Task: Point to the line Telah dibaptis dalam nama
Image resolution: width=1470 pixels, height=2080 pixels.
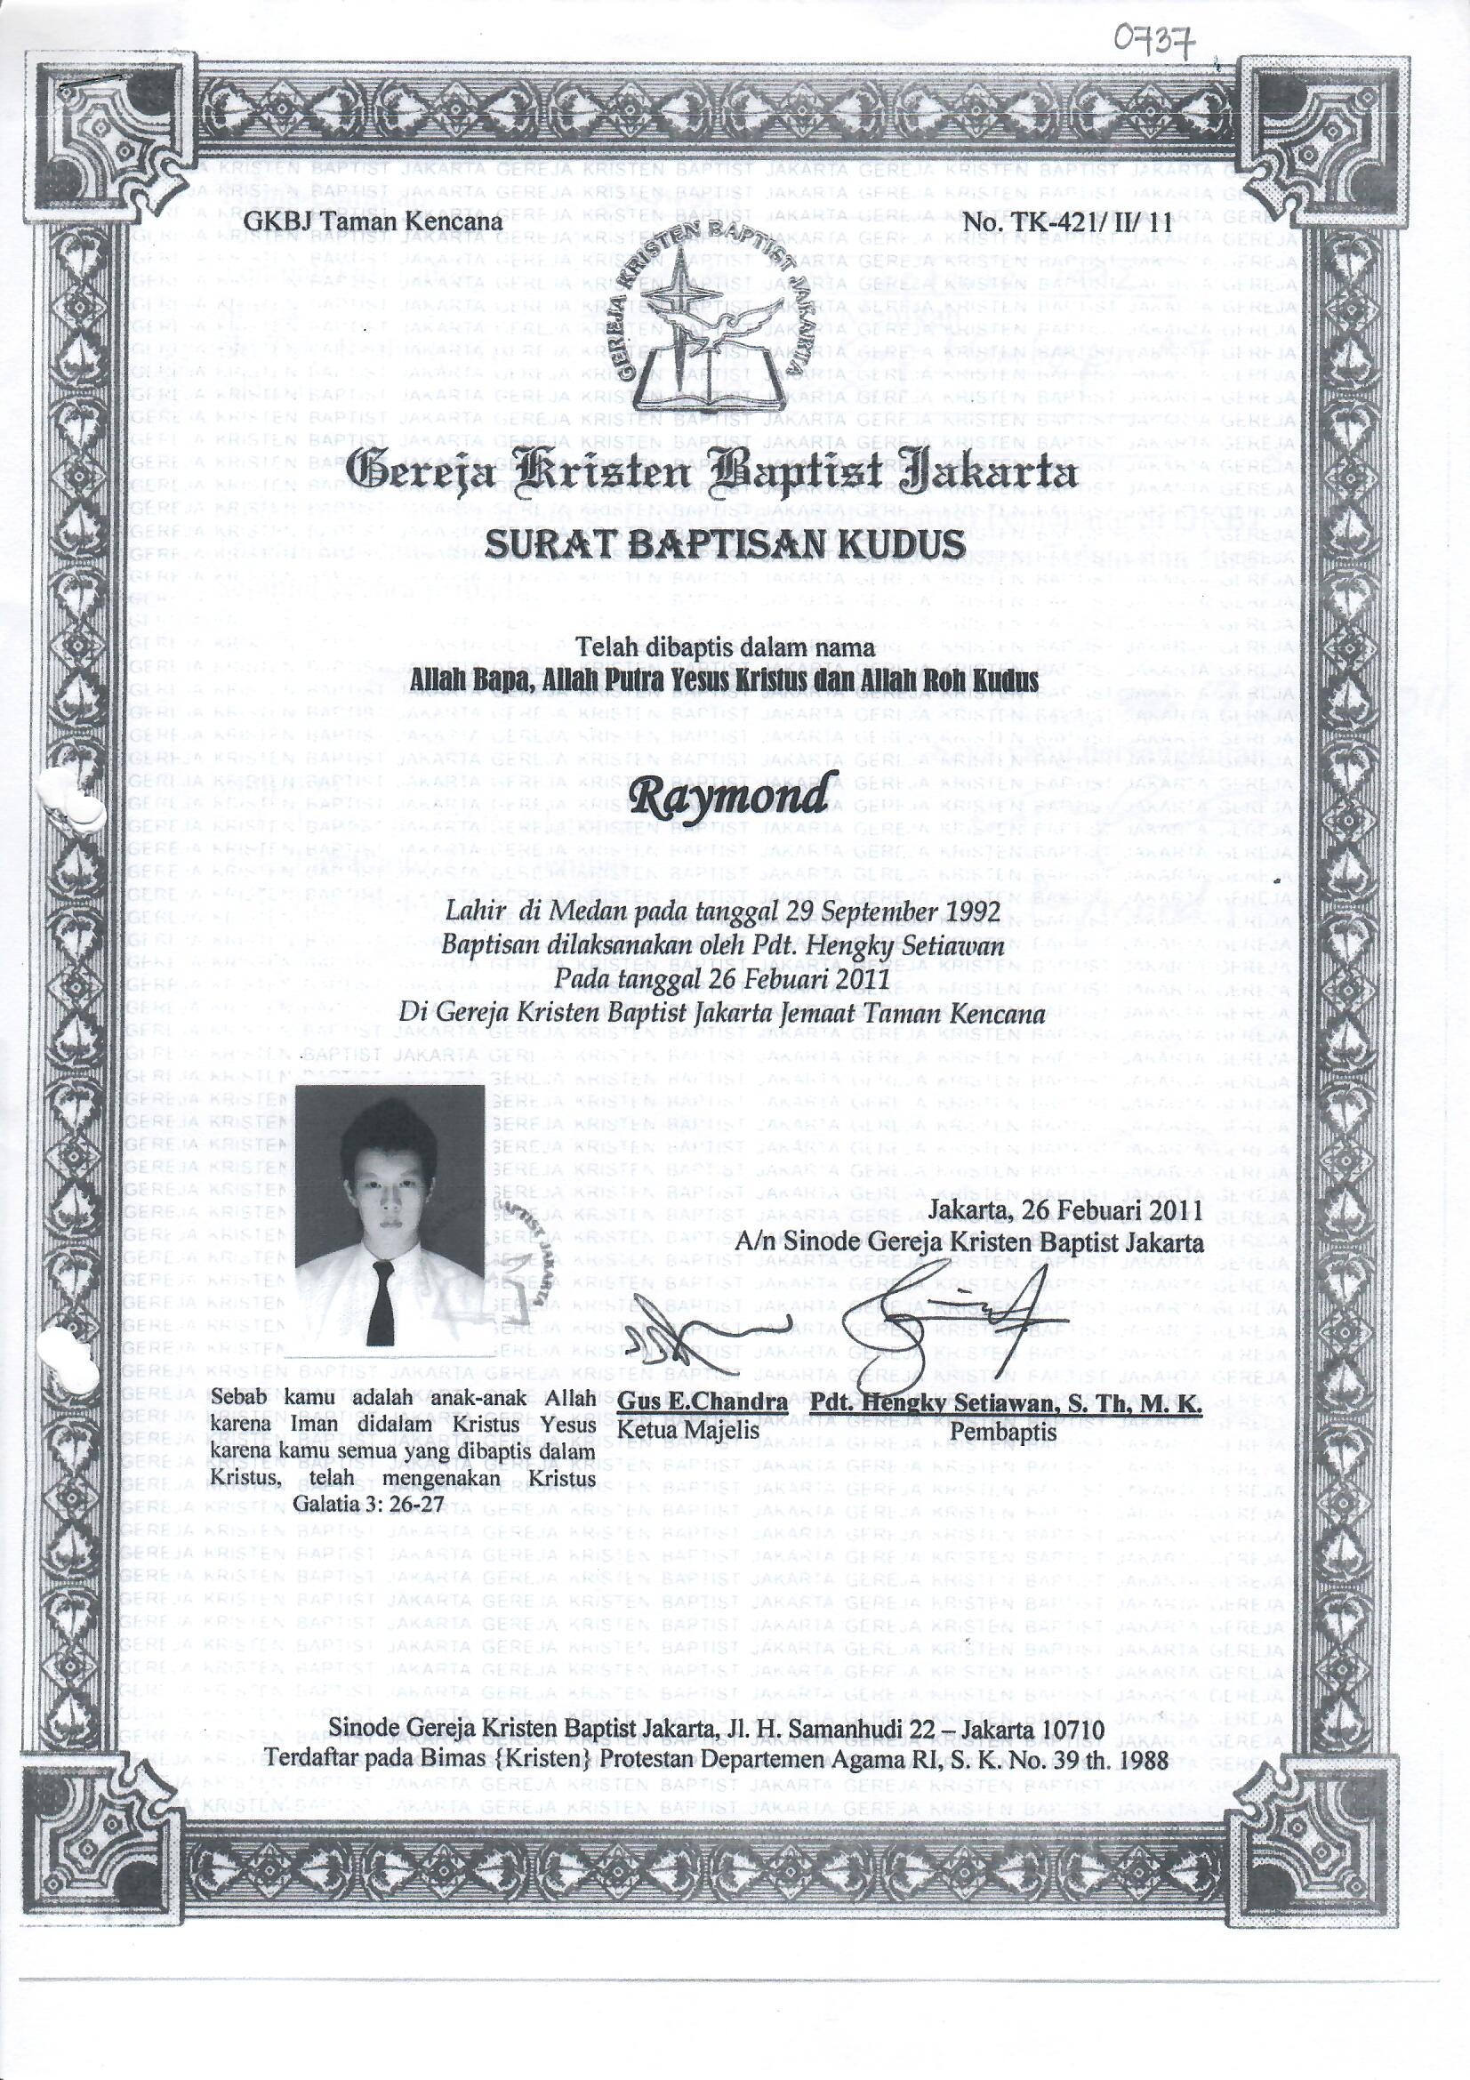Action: click(x=727, y=647)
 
